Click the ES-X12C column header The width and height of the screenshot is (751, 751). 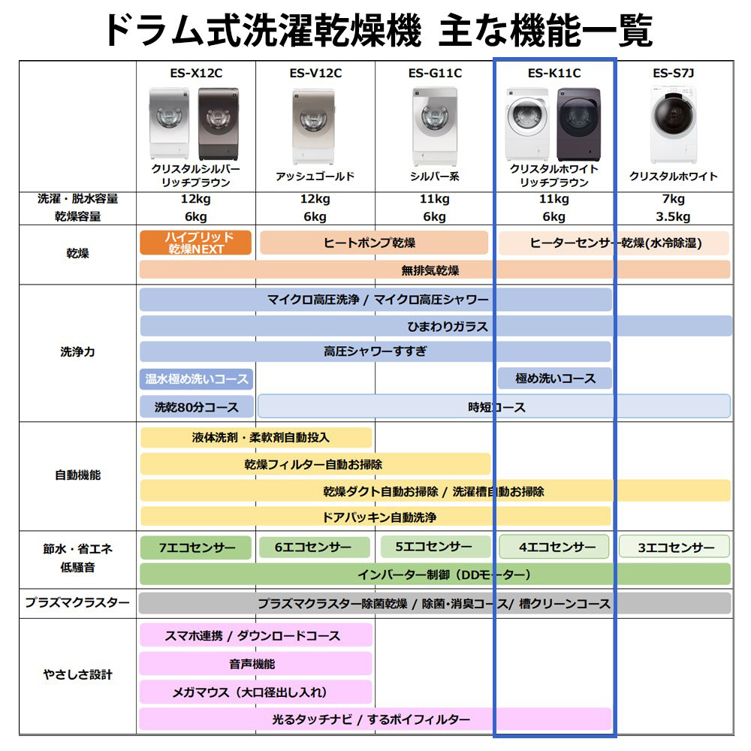tap(195, 73)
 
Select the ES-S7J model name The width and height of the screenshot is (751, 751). tap(673, 73)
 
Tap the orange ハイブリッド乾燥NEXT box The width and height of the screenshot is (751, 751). tap(195, 243)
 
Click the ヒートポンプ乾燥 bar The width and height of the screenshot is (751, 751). tap(373, 243)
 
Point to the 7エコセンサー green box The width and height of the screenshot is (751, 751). tap(196, 547)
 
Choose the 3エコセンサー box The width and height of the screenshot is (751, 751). tap(674, 547)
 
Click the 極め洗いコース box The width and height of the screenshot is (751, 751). tap(554, 379)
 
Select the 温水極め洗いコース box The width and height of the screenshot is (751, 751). tap(196, 379)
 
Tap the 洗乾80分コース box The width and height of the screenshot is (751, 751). tap(196, 407)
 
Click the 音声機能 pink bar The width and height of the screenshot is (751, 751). tap(255, 664)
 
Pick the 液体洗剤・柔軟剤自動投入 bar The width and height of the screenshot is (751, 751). tap(255, 437)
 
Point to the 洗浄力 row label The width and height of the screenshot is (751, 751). tap(77, 351)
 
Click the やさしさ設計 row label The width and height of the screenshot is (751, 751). tap(77, 674)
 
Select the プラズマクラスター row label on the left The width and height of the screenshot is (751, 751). tap(77, 602)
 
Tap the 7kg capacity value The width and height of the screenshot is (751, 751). tap(673, 199)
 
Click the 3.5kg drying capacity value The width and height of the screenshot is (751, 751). tap(673, 217)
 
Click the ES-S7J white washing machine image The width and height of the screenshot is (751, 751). tap(673, 125)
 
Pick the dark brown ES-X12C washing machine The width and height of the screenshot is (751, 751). tap(219, 123)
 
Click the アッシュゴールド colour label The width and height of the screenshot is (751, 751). tap(315, 176)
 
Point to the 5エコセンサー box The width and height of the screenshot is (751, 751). tap(434, 547)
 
